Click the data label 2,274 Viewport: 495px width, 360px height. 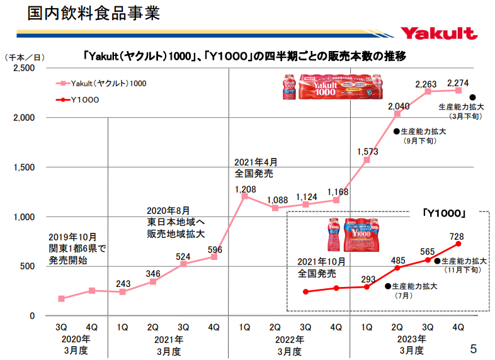(x=458, y=82)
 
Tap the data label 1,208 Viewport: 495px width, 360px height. (x=245, y=189)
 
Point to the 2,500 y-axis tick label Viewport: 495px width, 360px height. (x=24, y=68)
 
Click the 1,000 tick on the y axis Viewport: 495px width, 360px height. (x=24, y=217)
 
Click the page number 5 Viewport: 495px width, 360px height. (x=474, y=348)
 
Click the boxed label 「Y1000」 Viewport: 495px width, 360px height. (x=445, y=214)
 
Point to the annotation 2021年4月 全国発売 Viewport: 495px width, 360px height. (x=255, y=167)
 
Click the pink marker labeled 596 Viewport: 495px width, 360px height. (x=214, y=257)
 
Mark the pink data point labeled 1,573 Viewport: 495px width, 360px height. (x=367, y=160)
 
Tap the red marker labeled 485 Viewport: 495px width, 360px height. (x=397, y=267)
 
